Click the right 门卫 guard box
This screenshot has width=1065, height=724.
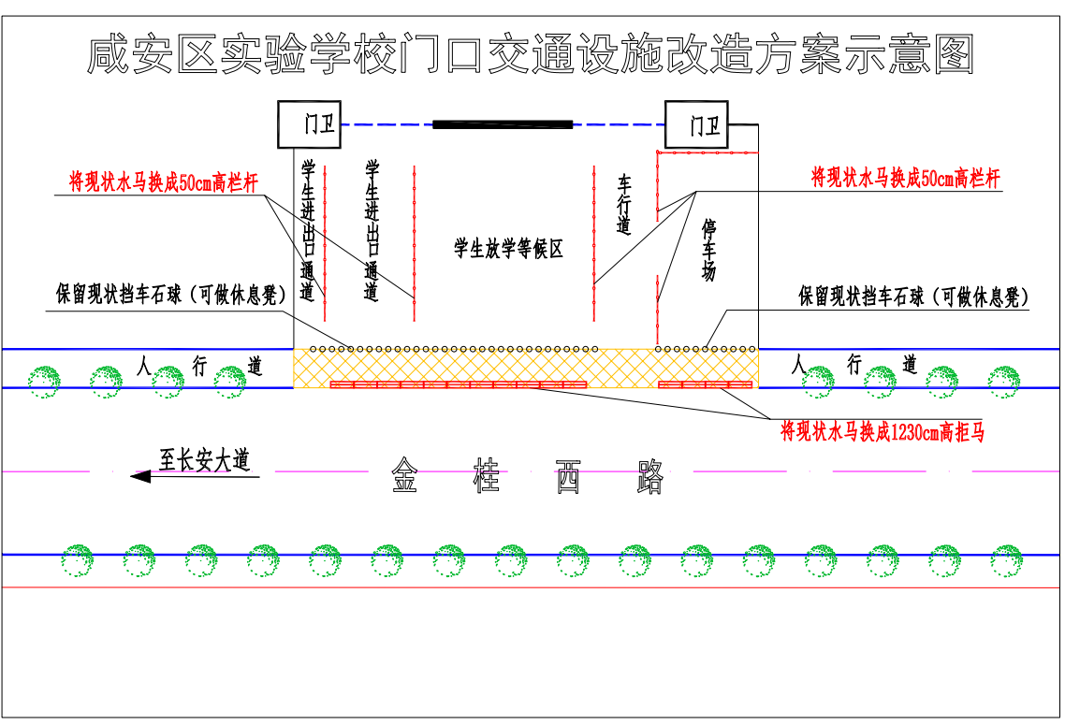click(696, 124)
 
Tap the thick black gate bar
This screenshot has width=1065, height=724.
click(503, 123)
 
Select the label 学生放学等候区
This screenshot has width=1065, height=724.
click(508, 248)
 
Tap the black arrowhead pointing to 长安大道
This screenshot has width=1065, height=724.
click(140, 476)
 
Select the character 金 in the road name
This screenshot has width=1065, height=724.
click(404, 476)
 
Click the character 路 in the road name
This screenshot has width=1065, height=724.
click(649, 476)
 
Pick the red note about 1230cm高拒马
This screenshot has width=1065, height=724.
click(882, 432)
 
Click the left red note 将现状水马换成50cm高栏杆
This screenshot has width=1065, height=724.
click(163, 182)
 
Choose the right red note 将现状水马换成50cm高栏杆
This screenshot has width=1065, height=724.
click(905, 178)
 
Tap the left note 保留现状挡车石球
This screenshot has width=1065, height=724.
click(170, 295)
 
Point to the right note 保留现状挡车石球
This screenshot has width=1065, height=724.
click(913, 297)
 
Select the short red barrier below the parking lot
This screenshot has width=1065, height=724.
click(706, 384)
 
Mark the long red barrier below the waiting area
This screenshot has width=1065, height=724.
click(459, 384)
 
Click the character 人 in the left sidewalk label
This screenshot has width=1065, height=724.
click(143, 364)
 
